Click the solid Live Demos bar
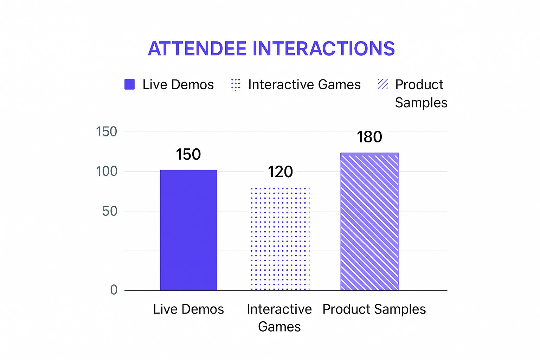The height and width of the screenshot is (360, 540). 188,230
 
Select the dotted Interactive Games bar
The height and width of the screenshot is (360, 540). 280,239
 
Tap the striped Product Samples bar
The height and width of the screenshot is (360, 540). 369,221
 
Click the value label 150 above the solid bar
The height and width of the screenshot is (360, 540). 188,155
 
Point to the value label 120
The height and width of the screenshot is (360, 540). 280,172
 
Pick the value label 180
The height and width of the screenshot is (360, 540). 369,137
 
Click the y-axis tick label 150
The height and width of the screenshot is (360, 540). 107,132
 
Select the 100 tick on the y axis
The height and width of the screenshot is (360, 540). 107,172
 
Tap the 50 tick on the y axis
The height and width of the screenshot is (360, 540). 110,211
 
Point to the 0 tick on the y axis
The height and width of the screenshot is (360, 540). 114,290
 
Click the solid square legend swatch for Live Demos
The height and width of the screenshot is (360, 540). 130,84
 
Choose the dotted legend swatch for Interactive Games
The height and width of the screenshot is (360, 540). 236,84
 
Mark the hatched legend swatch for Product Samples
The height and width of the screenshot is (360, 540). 383,84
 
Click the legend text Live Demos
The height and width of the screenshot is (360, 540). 178,85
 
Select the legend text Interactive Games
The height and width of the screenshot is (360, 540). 304,85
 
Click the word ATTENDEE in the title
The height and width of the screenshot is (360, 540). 197,49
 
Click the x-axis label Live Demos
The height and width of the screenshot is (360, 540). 188,309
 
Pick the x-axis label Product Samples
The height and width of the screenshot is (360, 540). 374,309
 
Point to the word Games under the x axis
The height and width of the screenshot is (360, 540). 279,327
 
